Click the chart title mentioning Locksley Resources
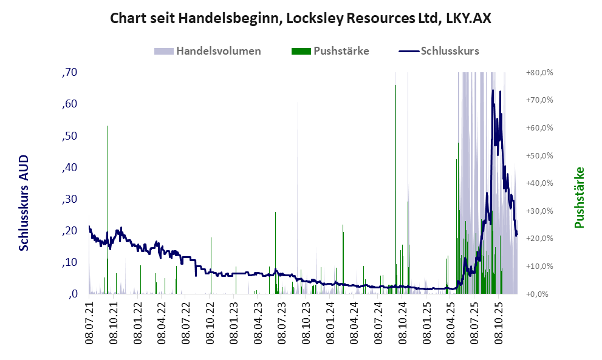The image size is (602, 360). tap(300, 18)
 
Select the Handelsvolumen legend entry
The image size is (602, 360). tap(218, 51)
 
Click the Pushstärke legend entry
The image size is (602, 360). tap(340, 51)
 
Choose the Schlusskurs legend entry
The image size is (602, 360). tap(449, 51)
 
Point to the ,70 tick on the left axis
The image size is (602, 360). tap(70, 73)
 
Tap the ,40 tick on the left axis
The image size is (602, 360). tap(70, 168)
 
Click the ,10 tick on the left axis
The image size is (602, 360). tap(70, 262)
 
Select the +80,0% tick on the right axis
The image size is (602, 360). tap(539, 73)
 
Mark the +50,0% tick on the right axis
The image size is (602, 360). tap(539, 156)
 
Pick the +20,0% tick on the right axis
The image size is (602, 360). tap(539, 239)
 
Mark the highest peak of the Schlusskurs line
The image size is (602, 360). tap(493, 90)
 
